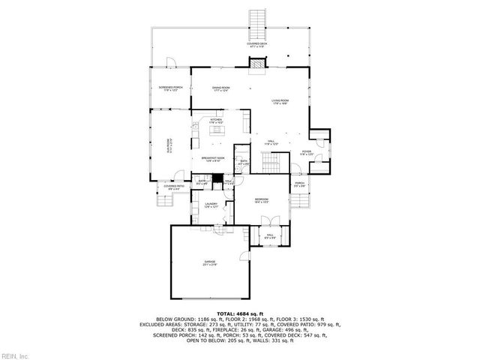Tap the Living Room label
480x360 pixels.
280,102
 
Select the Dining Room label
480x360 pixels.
220,88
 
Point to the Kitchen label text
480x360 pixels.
216,121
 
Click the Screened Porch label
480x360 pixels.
169,89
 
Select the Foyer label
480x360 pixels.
307,153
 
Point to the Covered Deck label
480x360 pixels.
258,45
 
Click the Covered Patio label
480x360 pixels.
174,187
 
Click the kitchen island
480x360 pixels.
218,131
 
